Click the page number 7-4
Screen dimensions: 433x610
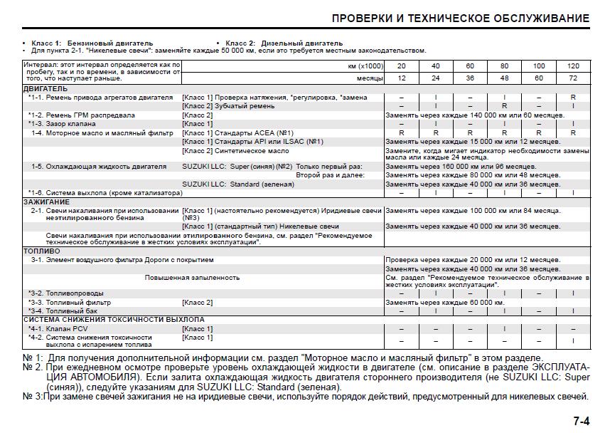click(581, 421)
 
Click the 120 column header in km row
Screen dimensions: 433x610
click(573, 66)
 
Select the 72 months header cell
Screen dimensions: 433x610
click(573, 78)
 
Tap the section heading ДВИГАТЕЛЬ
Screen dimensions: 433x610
click(46, 88)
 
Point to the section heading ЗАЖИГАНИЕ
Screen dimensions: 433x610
click(47, 202)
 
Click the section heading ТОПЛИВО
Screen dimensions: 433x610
click(41, 251)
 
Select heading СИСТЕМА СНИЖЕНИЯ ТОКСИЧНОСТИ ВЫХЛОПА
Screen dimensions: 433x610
click(103, 319)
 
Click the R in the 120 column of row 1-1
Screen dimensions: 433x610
click(573, 97)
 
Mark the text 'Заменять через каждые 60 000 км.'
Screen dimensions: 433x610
click(444, 302)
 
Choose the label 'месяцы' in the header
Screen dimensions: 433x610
click(370, 78)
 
